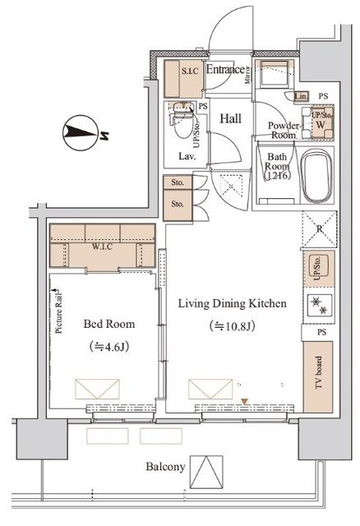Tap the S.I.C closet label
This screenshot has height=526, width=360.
coord(190,71)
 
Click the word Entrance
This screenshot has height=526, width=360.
coord(224,70)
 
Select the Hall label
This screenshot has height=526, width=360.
coord(229,118)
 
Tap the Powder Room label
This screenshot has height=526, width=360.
coord(282,130)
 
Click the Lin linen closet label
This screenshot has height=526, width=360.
coord(301,97)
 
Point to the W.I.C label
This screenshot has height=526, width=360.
coord(102,245)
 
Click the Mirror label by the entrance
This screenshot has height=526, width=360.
coord(247,76)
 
